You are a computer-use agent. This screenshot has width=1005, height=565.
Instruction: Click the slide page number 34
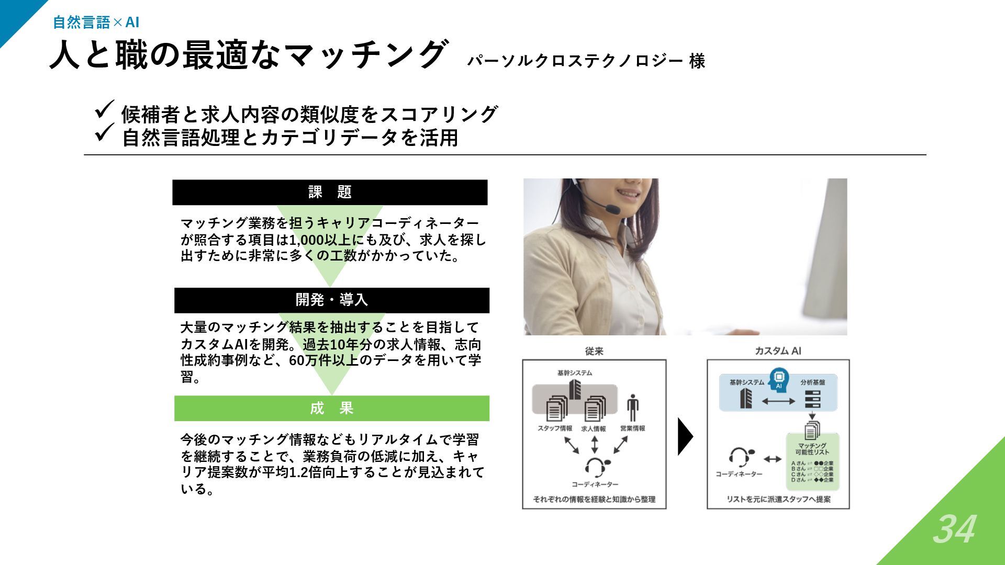click(x=954, y=529)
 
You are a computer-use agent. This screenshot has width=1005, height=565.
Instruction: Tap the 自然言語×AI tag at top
click(x=96, y=22)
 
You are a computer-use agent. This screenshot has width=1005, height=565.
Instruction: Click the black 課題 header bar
click(x=330, y=192)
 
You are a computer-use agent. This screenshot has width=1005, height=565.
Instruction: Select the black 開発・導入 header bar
click(x=331, y=300)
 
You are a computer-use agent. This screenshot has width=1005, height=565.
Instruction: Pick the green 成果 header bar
click(x=331, y=408)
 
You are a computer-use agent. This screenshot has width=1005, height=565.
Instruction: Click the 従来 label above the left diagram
click(x=594, y=351)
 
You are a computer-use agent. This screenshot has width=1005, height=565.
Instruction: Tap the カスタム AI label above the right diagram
click(x=778, y=351)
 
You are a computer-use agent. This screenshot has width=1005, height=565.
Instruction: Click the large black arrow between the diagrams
click(x=685, y=436)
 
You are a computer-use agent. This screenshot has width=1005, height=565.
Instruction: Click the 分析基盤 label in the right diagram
click(x=812, y=382)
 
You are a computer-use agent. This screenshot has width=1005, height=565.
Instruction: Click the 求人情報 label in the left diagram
click(x=594, y=428)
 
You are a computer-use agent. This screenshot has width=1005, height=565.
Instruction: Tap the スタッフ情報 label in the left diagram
click(x=555, y=428)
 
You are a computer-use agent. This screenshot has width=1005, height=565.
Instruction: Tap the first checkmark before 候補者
click(x=104, y=109)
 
